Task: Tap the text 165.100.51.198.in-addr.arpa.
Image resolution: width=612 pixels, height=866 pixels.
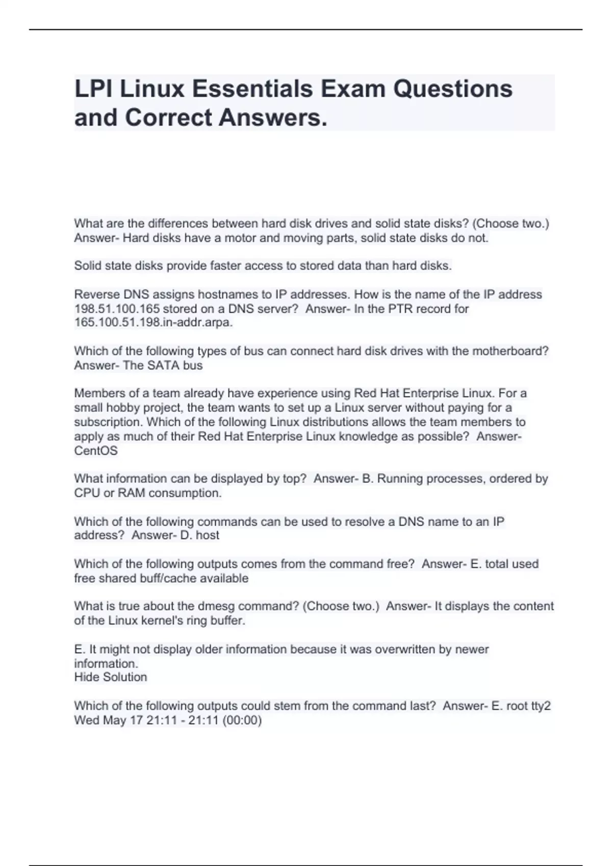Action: tap(153, 322)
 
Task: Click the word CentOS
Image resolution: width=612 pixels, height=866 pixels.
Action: tap(96, 451)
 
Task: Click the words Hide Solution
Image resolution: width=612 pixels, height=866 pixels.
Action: tap(111, 677)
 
